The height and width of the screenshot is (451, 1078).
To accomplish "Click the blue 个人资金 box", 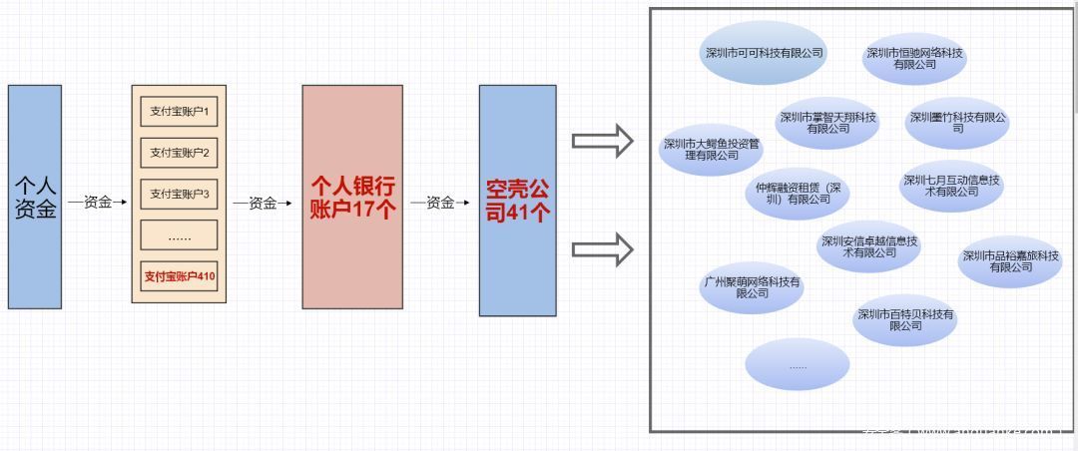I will [x=35, y=197].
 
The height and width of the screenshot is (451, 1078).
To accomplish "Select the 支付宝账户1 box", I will [x=179, y=111].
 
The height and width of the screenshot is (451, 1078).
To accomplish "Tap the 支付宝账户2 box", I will [x=179, y=153].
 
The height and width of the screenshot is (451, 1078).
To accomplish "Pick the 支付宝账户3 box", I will [x=179, y=194].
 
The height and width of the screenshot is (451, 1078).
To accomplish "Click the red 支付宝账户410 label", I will [x=179, y=276].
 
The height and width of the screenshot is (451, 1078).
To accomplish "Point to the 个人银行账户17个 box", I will [x=352, y=197].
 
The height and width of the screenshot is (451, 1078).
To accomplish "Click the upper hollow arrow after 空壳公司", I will [x=603, y=141].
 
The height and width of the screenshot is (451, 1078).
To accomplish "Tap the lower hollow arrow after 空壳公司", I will [x=603, y=248].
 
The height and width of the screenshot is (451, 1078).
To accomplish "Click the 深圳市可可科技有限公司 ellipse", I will [x=764, y=53].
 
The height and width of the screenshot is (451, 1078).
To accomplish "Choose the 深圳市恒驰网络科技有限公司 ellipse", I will [x=914, y=58].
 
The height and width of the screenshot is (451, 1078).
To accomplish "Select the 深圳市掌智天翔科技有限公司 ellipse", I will [x=827, y=122].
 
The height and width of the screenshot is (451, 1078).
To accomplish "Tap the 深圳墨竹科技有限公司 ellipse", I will [x=957, y=122].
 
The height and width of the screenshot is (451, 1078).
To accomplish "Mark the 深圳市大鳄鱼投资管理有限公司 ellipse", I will [x=712, y=150].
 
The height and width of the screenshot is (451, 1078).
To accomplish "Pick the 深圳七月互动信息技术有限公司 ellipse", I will [x=951, y=186].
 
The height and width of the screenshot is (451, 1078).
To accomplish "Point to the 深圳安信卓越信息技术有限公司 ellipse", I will [x=869, y=246].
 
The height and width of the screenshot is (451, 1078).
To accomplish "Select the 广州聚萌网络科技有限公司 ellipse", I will [x=752, y=287].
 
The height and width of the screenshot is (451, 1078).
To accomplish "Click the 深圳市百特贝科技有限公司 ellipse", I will [x=905, y=319].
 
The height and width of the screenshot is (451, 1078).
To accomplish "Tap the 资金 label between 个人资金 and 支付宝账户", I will [x=98, y=203].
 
